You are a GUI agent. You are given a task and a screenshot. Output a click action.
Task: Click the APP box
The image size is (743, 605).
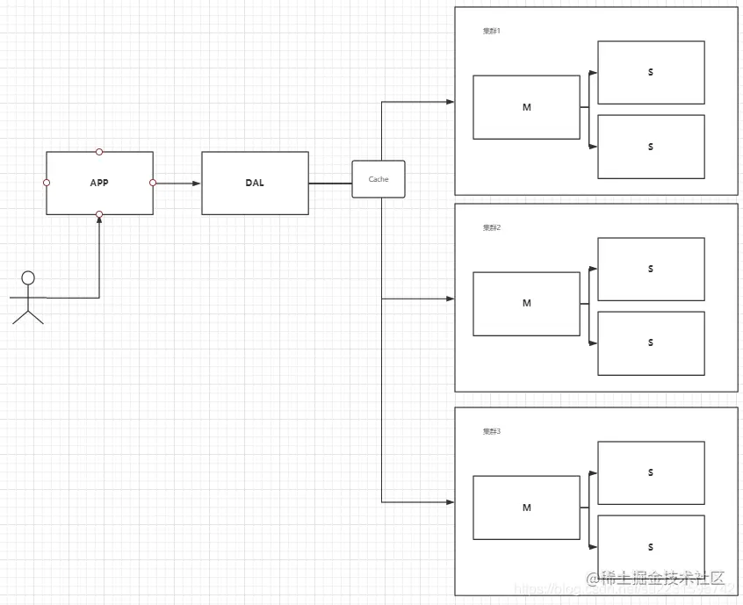tap(99, 183)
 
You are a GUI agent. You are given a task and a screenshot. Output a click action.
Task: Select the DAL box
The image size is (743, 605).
tap(255, 183)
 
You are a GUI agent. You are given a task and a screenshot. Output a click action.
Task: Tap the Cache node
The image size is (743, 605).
tap(379, 179)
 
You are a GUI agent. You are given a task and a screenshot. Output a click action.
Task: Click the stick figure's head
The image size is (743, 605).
tap(28, 278)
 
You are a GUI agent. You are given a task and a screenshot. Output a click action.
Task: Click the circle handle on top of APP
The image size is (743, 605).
tap(99, 152)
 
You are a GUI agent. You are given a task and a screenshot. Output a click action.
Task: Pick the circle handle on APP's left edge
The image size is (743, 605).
tap(47, 183)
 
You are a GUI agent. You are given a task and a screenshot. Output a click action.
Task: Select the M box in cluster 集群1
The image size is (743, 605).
tap(526, 107)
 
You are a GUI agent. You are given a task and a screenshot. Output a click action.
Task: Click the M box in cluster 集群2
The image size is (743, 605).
tap(526, 304)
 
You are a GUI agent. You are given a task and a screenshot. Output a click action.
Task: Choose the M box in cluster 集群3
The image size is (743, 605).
tap(526, 508)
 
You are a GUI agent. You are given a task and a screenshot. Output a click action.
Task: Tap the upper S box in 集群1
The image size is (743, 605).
tap(651, 72)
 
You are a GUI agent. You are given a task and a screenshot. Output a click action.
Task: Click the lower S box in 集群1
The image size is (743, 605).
tap(651, 147)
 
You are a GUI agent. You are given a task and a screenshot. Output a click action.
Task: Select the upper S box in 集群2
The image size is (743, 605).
tap(651, 269)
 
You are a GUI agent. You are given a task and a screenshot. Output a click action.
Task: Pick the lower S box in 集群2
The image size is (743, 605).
tap(651, 343)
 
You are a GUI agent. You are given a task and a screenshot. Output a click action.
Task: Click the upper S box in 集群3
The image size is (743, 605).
tap(651, 472)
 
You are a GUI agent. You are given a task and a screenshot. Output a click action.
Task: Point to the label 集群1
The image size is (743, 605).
tap(491, 31)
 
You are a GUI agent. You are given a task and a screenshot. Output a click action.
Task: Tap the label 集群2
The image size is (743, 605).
tap(491, 227)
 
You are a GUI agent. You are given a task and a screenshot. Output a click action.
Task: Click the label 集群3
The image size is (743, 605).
tap(491, 431)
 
